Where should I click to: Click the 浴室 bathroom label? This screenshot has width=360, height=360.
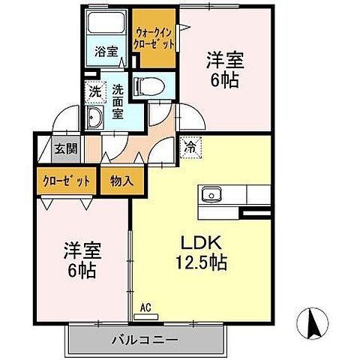click(106, 52)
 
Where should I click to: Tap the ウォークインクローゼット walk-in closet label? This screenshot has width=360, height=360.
click(155, 38)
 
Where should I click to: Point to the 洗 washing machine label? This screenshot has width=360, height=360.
click(94, 91)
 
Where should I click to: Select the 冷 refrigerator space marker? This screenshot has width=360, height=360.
click(191, 147)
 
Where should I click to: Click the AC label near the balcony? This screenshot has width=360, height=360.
click(147, 306)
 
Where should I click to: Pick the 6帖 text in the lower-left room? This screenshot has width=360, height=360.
click(82, 269)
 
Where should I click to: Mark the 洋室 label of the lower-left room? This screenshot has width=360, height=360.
click(82, 249)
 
